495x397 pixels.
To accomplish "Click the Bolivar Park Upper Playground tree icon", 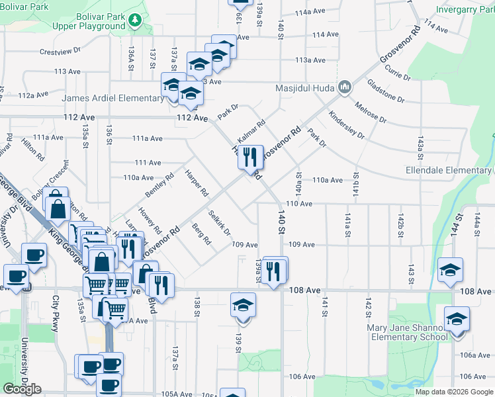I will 135,21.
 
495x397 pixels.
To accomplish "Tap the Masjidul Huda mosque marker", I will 344,87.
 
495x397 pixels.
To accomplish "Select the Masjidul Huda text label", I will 306,87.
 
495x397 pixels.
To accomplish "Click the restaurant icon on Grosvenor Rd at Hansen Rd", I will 250,158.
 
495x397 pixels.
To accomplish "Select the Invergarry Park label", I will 465,10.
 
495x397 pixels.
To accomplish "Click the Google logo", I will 22,388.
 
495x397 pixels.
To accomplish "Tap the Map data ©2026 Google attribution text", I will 454,392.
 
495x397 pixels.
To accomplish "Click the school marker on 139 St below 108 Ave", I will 243,306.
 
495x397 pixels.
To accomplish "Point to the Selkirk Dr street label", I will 218,223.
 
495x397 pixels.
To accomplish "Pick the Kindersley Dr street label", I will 345,124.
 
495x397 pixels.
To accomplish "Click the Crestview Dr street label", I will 60,50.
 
